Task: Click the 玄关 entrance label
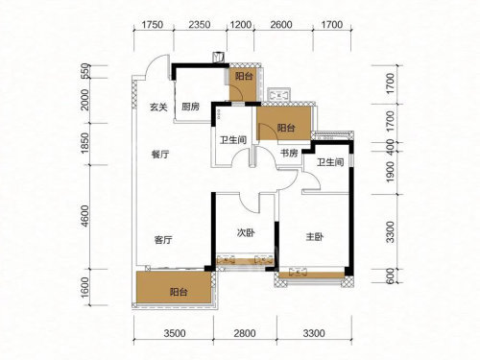[158, 107]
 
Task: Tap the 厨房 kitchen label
[191, 107]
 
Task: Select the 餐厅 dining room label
[160, 155]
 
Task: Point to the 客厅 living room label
[163, 240]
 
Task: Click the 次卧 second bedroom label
[246, 232]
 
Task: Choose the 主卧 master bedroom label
[315, 237]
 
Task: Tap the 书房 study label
[289, 154]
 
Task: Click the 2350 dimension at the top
[200, 25]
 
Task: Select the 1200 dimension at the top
[241, 25]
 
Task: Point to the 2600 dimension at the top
[281, 25]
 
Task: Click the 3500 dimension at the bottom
[175, 333]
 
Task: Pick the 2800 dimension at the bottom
[245, 333]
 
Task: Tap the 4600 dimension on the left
[84, 216]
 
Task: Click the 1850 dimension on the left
[84, 143]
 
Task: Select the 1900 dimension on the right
[391, 172]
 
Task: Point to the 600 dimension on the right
[391, 276]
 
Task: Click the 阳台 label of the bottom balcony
[179, 292]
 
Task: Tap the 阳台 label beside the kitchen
[244, 76]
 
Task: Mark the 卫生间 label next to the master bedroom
[330, 162]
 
